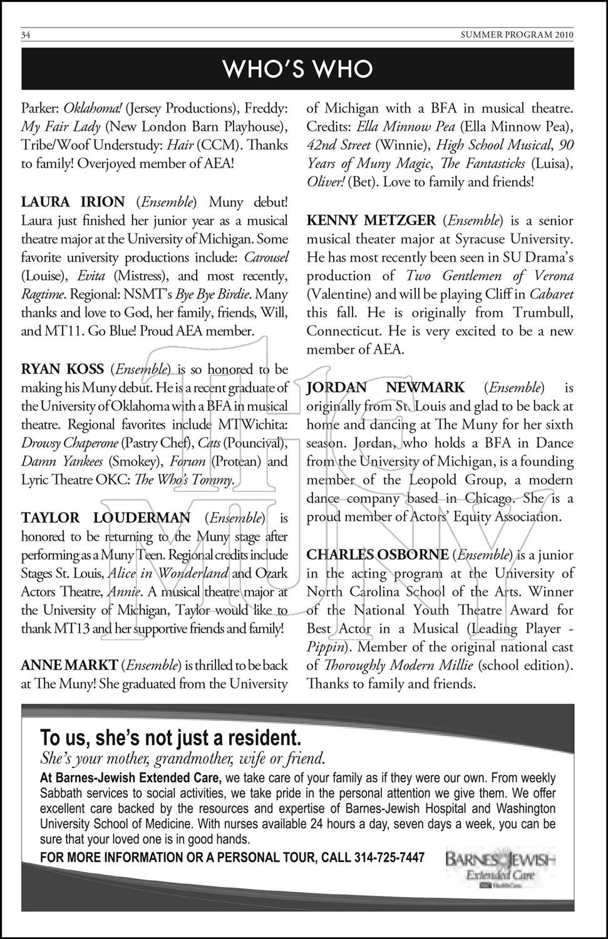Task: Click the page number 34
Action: point(26,34)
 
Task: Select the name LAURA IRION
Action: point(73,202)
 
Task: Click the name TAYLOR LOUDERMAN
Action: point(106,518)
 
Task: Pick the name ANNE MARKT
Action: point(69,665)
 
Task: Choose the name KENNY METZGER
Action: point(371,220)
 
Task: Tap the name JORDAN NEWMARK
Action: point(386,388)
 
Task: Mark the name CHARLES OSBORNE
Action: point(378,555)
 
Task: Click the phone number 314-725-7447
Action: point(389,858)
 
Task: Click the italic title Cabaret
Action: point(551,294)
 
